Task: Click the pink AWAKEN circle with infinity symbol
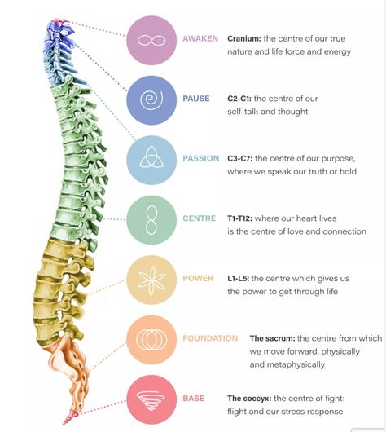[151, 41]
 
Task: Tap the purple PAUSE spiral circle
[151, 100]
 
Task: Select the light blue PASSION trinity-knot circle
[151, 160]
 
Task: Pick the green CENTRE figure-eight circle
[151, 220]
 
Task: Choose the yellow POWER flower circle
[151, 280]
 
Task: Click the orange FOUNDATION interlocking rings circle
[151, 340]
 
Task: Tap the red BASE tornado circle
[151, 399]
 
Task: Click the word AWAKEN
[200, 38]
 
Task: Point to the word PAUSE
[196, 99]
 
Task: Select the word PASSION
[201, 158]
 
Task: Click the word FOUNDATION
[210, 338]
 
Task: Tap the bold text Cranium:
[244, 38]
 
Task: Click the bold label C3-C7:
[240, 158]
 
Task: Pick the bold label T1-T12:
[239, 218]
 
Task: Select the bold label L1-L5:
[238, 278]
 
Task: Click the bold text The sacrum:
[272, 338]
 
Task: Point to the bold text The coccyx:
[249, 398]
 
